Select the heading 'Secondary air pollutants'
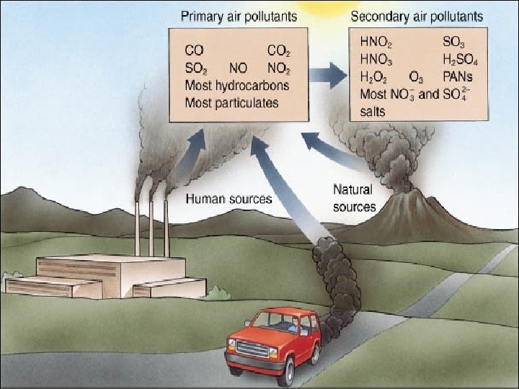click(x=417, y=16)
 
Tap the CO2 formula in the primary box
click(x=278, y=51)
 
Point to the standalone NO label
click(x=237, y=69)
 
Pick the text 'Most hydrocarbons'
click(x=236, y=86)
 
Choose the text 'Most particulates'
click(x=231, y=103)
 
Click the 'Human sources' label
click(x=229, y=199)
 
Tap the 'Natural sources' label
click(x=354, y=198)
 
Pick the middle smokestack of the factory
click(x=151, y=227)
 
